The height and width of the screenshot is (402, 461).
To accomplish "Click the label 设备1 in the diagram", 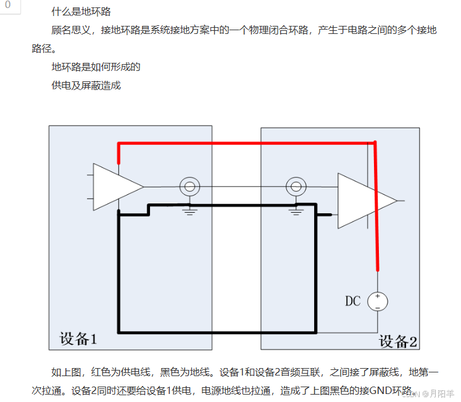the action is (x=78, y=338).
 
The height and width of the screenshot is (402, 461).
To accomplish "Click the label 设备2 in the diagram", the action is (x=398, y=341).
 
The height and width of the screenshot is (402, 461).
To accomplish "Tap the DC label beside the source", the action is (x=352, y=301).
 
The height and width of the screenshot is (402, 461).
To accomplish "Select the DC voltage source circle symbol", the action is (x=378, y=301).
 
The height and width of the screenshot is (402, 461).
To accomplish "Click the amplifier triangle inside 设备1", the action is (x=114, y=186).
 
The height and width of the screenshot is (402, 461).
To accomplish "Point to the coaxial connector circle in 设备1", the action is (x=190, y=186).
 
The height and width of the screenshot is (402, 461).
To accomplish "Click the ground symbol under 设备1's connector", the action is (x=190, y=211).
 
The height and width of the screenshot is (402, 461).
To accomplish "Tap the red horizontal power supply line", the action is (x=247, y=143).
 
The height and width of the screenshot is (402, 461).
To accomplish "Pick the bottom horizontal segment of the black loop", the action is (x=216, y=332).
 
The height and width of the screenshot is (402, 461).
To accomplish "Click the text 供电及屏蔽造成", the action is (x=86, y=85).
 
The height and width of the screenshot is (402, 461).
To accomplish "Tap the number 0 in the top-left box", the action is (x=7, y=5).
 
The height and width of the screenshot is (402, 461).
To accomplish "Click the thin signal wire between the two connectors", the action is (x=244, y=186).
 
